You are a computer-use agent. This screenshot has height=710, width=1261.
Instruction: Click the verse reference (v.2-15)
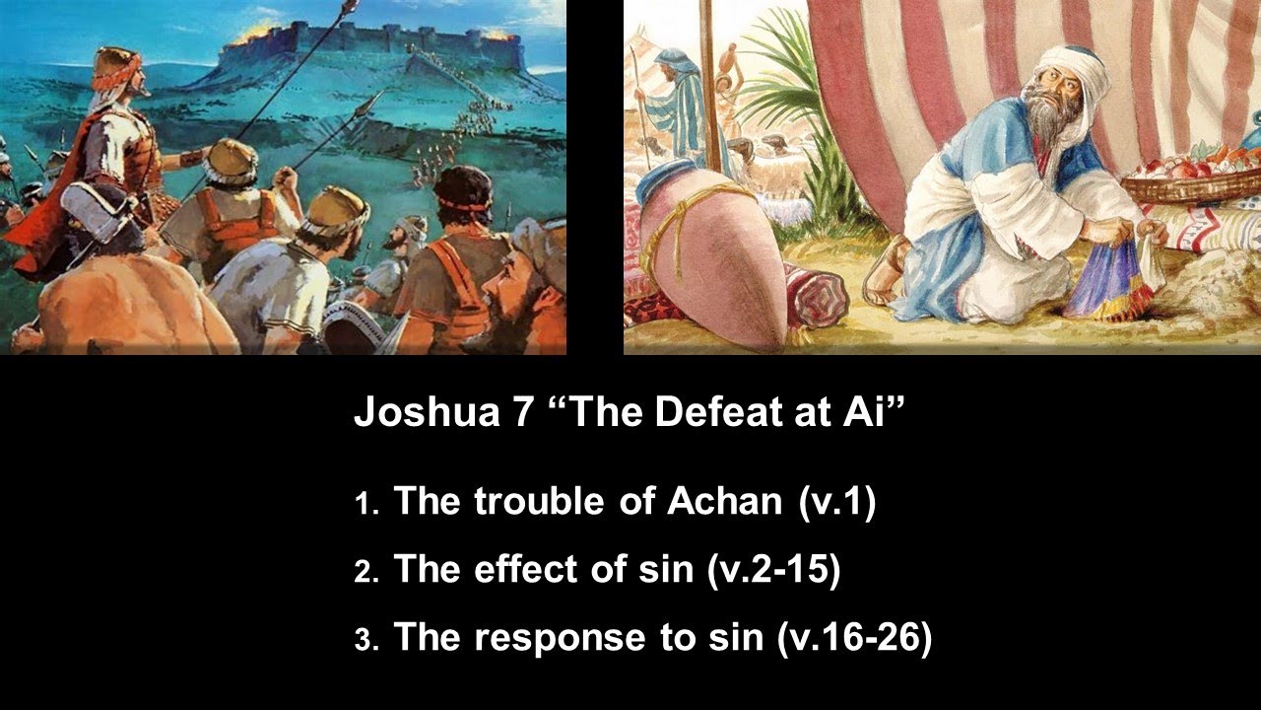(773, 570)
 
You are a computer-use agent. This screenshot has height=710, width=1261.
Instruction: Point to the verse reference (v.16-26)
(854, 638)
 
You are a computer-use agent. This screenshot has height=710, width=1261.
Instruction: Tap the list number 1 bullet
(362, 505)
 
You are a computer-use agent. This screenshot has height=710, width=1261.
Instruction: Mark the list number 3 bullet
(362, 641)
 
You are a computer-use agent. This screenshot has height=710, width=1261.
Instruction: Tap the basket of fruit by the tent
(1187, 177)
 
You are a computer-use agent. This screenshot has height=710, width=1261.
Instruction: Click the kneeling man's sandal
(887, 271)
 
